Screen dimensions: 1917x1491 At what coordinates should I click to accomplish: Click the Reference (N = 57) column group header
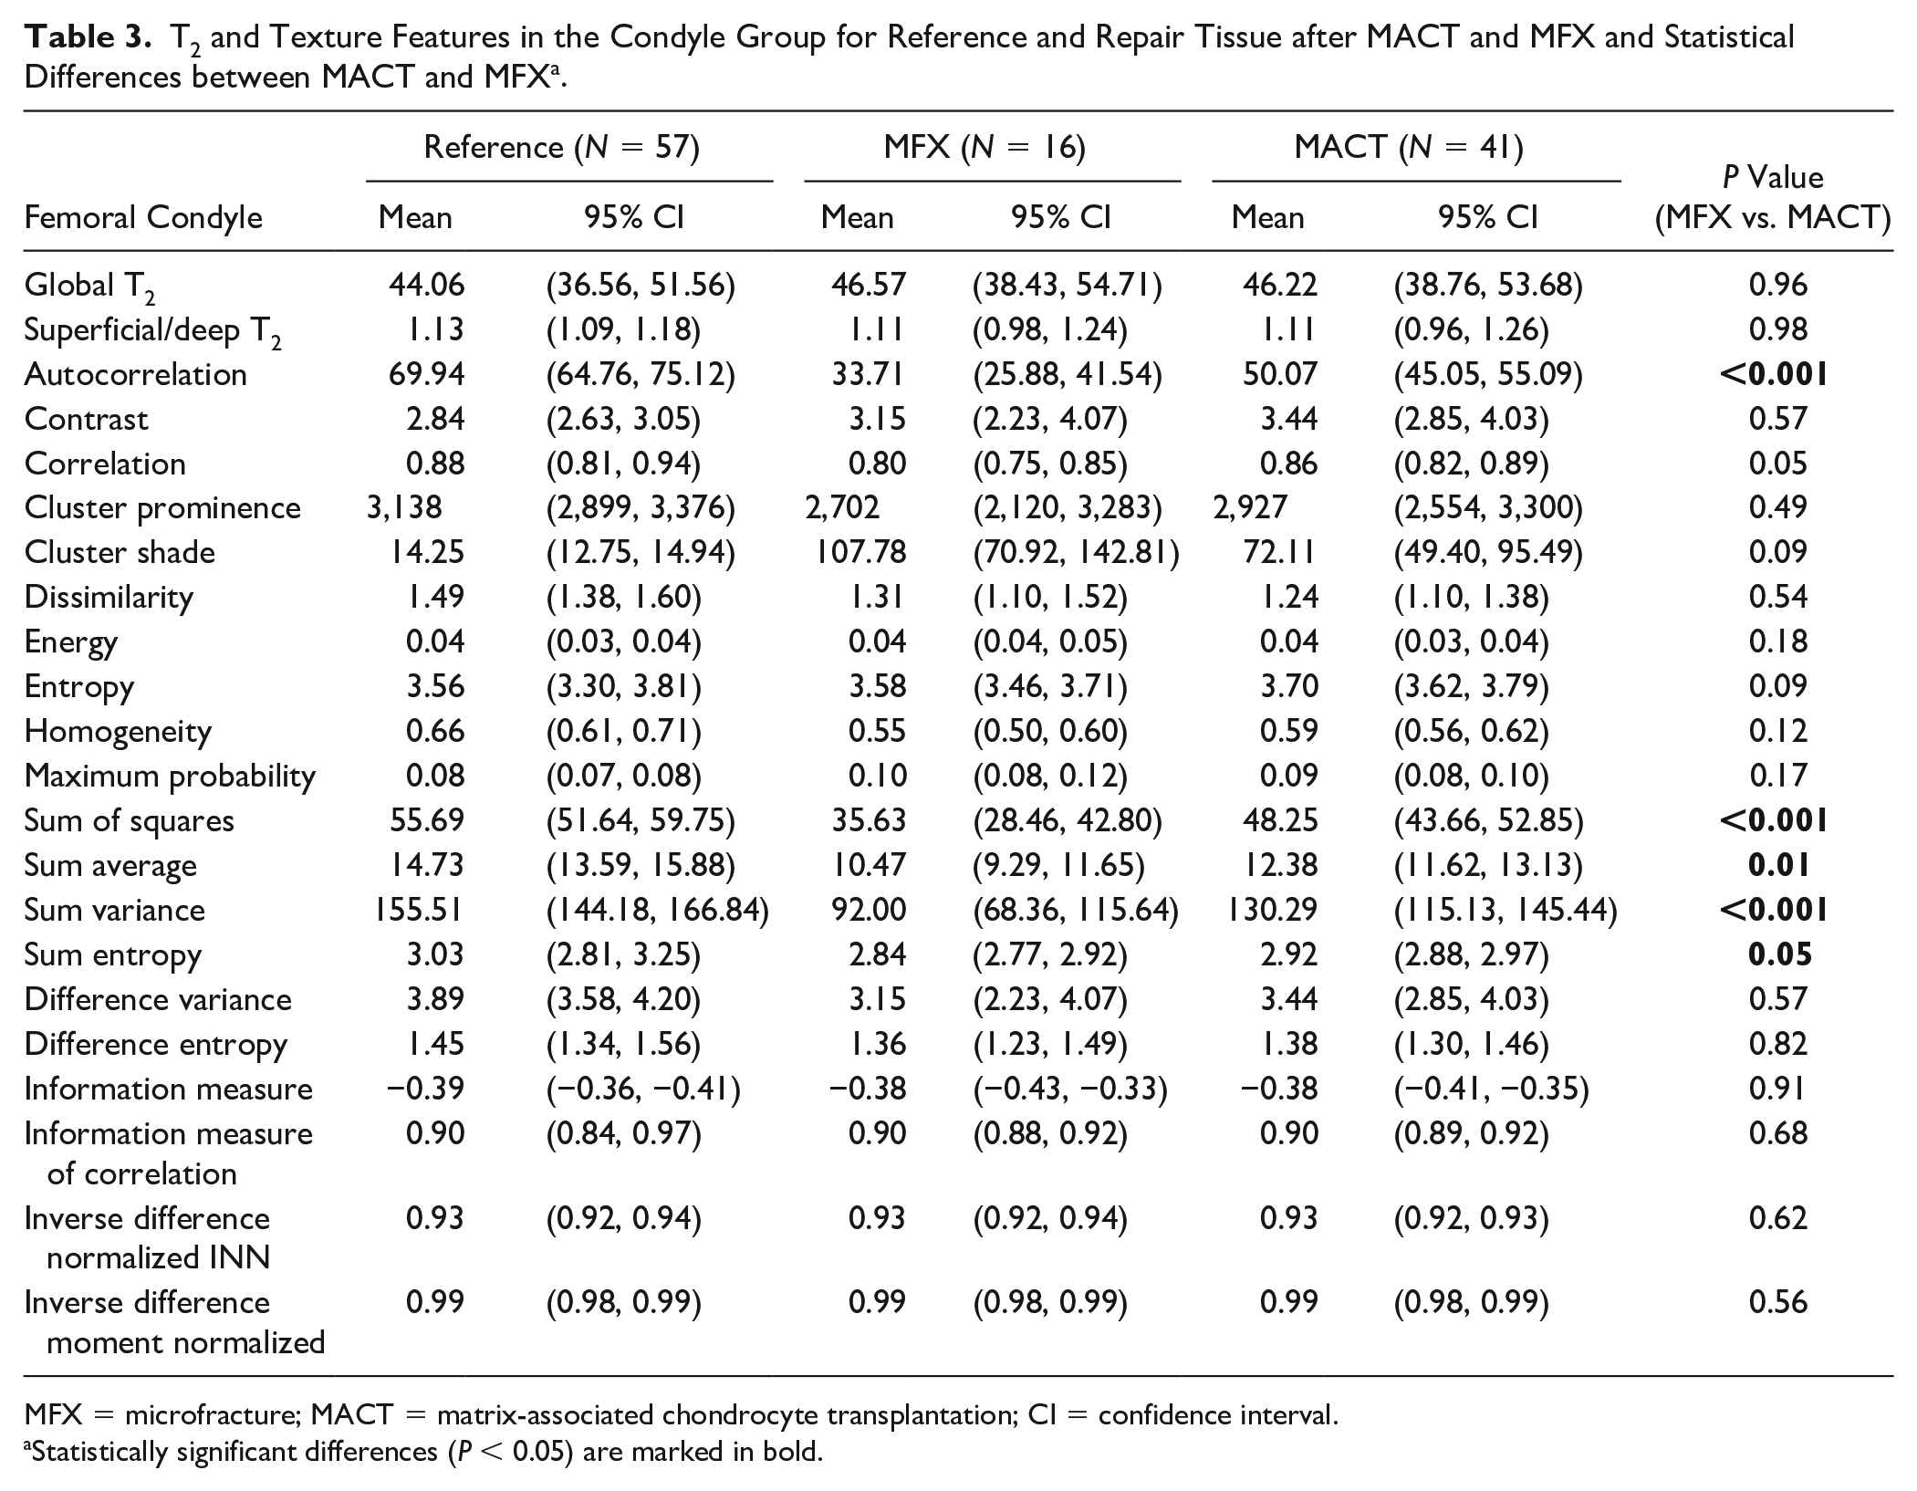[561, 147]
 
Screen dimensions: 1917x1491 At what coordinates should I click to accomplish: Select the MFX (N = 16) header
[985, 147]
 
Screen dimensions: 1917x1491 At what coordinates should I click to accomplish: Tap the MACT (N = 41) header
[1409, 147]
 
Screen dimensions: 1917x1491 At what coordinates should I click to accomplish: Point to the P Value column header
[1773, 196]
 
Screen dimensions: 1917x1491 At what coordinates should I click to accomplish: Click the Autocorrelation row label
[136, 374]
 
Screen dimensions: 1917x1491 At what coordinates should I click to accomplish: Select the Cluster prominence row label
[162, 508]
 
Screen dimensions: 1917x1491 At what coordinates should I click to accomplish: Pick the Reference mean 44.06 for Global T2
[426, 285]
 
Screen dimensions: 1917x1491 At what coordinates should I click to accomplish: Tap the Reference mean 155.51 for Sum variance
[419, 910]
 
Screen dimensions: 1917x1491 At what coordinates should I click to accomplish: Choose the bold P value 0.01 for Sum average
[1778, 865]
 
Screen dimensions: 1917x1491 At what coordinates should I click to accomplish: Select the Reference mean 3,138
[404, 507]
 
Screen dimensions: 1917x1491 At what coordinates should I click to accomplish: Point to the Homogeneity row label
[118, 732]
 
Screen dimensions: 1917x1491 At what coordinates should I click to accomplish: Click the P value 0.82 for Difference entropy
[1777, 1043]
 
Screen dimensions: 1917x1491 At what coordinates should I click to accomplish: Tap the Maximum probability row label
[170, 777]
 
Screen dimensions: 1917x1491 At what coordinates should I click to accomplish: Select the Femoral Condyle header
[143, 218]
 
